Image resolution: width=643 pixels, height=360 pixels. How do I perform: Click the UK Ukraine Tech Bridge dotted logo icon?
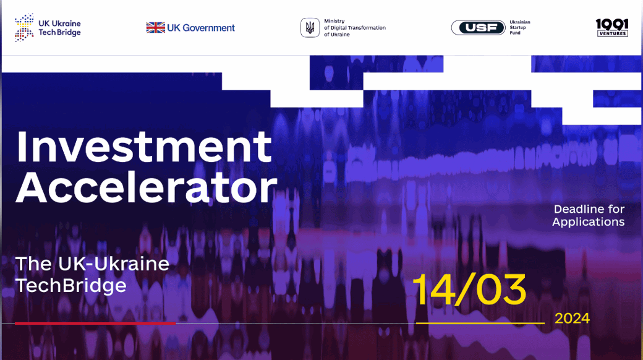[x=24, y=27]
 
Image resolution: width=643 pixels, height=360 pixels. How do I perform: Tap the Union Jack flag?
[x=155, y=27]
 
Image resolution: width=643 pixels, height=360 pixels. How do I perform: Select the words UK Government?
[x=201, y=28]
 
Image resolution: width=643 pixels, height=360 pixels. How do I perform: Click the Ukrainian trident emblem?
[x=310, y=28]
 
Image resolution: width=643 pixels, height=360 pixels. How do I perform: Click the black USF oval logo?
[x=478, y=27]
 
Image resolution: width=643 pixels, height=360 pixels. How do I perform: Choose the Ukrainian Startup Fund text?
[x=520, y=27]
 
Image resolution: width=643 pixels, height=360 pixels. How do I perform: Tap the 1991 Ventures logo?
[x=612, y=27]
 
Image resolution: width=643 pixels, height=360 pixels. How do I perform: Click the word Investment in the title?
[x=144, y=147]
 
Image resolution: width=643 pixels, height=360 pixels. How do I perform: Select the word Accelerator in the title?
[x=147, y=187]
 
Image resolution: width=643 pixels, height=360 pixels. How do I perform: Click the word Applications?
[x=589, y=222]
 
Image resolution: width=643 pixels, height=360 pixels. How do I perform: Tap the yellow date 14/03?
[x=469, y=289]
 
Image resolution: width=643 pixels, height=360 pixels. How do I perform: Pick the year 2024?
[x=572, y=319]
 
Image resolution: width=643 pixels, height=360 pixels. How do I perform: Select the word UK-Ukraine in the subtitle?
[x=114, y=264]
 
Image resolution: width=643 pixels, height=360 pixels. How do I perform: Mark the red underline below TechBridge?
[x=95, y=324]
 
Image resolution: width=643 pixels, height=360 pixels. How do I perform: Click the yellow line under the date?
[x=480, y=324]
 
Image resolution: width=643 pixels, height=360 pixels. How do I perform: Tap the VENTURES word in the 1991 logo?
[x=612, y=33]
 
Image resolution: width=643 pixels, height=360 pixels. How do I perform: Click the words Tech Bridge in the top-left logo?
[x=59, y=33]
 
